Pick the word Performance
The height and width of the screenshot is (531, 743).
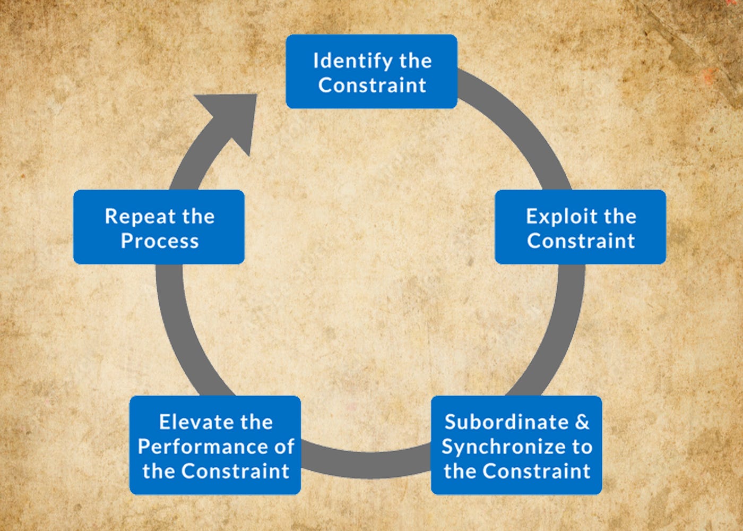(x=202, y=447)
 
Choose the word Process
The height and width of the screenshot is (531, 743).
(x=160, y=241)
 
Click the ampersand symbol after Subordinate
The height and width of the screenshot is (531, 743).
(x=582, y=422)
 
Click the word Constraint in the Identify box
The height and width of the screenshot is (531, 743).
(x=372, y=85)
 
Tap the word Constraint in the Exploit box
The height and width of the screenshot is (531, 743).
(x=581, y=241)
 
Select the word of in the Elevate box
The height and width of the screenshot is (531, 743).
(x=284, y=447)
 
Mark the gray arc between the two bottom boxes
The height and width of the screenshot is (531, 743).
(x=366, y=462)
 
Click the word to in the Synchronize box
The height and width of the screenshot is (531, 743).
(x=582, y=447)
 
